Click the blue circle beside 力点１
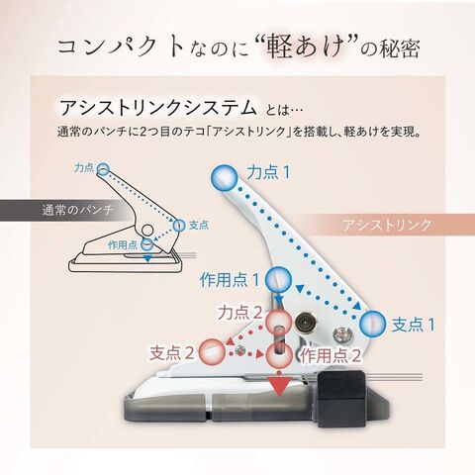(224, 178)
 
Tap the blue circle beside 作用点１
(279, 280)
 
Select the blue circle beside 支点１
(372, 323)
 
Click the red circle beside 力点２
(279, 322)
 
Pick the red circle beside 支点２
(212, 351)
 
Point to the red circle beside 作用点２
(280, 355)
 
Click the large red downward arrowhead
(280, 387)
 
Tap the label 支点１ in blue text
(414, 325)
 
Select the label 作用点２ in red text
(330, 355)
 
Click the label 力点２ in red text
(239, 312)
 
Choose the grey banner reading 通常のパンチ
(66, 210)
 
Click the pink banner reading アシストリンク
(387, 225)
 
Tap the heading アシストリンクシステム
(158, 107)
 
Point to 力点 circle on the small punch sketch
(103, 170)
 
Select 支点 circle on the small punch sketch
(179, 226)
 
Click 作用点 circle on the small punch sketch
(147, 244)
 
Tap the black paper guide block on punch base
(340, 399)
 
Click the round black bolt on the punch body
(304, 321)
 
